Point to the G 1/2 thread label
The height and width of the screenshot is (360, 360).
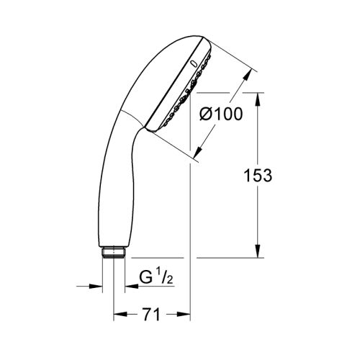153,276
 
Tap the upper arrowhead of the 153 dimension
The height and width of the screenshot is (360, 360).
258,97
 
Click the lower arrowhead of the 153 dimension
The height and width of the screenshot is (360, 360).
258,253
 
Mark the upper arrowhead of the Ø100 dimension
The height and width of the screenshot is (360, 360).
249,75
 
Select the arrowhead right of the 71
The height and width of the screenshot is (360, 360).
185,315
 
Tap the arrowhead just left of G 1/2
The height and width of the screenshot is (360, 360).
130,287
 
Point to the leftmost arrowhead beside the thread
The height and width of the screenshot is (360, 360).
98,287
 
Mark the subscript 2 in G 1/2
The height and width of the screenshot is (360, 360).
165,279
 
